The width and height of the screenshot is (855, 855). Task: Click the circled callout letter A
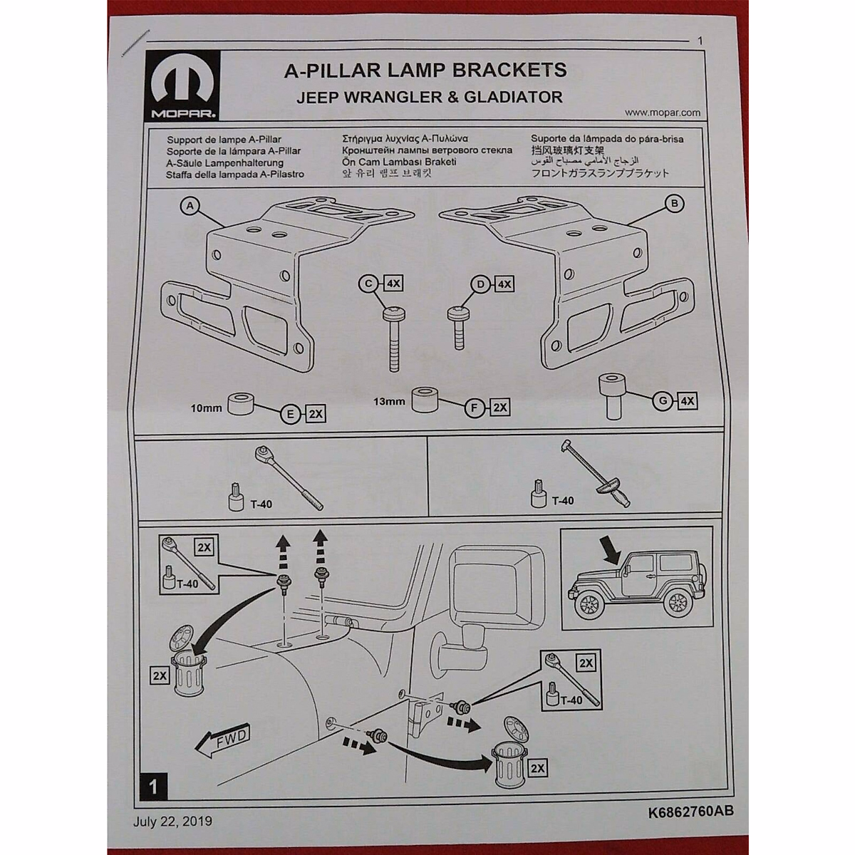[x=190, y=206]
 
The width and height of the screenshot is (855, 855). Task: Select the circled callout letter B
[x=674, y=204]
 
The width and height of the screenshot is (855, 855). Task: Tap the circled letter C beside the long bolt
[x=368, y=284]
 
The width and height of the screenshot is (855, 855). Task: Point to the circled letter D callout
[x=481, y=284]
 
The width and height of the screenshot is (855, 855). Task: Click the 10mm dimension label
[x=206, y=408]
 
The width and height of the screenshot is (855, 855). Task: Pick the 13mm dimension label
[x=389, y=401]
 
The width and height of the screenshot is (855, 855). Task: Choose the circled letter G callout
[x=663, y=401]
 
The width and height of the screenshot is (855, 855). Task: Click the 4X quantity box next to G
[x=688, y=401]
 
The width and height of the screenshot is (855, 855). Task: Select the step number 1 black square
[x=154, y=787]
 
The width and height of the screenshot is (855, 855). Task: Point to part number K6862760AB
[x=690, y=811]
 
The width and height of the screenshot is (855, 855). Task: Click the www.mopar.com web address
[x=662, y=113]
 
